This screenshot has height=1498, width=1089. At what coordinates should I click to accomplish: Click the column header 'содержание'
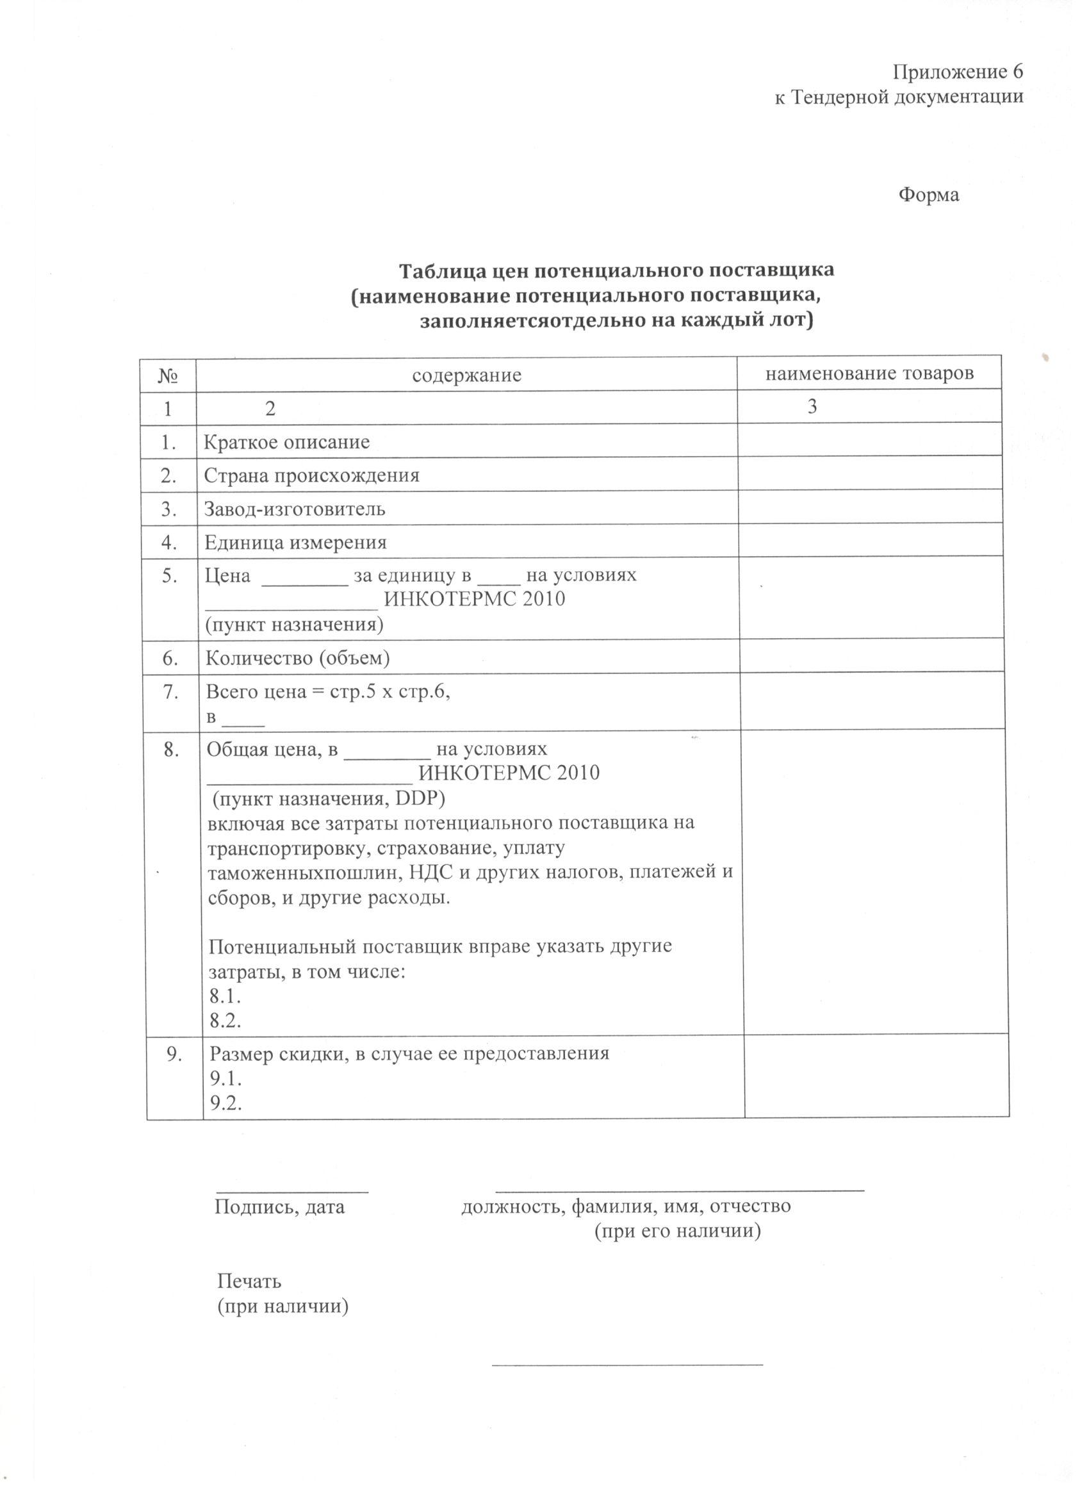coord(466,376)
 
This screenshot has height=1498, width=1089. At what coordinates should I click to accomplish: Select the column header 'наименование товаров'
coord(869,374)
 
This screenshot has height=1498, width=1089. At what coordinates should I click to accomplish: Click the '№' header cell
coord(168,376)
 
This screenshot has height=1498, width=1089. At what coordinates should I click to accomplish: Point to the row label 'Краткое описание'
coord(286,442)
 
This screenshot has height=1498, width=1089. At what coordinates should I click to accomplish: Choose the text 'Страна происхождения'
coord(312,475)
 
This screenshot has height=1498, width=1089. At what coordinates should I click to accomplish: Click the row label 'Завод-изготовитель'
coord(295,509)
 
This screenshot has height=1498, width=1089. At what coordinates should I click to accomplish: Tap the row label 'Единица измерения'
coord(295,543)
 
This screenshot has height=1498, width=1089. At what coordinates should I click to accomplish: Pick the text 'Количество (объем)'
coord(298,658)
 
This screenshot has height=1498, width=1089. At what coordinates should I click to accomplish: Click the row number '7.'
coord(171,691)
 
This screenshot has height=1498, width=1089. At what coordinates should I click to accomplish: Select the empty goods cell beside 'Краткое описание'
coord(869,441)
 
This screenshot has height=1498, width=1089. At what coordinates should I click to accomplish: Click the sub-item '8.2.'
coord(225,1021)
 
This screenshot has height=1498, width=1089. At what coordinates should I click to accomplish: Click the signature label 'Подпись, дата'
coord(279,1206)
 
